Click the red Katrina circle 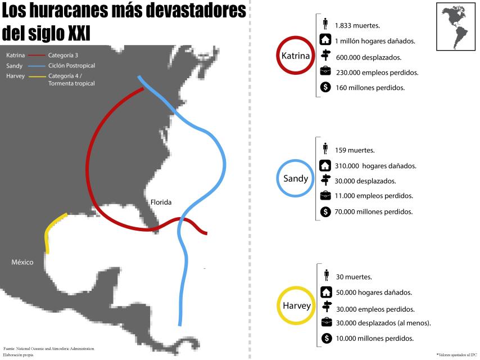pyautogui.click(x=296, y=56)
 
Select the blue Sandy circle pyautogui.click(x=296, y=178)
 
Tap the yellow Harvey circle pyautogui.click(x=296, y=306)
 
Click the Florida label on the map pyautogui.click(x=161, y=202)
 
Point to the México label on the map pyautogui.click(x=22, y=262)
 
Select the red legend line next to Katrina pyautogui.click(x=37, y=55)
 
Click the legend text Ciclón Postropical pyautogui.click(x=71, y=66)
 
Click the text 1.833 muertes pyautogui.click(x=357, y=26)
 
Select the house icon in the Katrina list pyautogui.click(x=325, y=40)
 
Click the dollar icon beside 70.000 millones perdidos pyautogui.click(x=325, y=211)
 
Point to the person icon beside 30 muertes pyautogui.click(x=325, y=275)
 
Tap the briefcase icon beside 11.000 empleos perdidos pyautogui.click(x=325, y=196)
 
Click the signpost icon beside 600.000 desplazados pyautogui.click(x=325, y=56)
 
